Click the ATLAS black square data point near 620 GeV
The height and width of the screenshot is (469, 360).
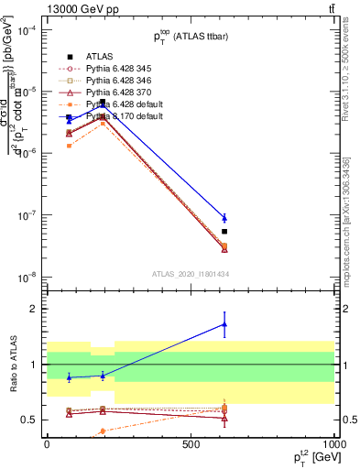tap(224, 232)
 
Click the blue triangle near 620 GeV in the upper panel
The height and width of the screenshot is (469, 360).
tap(224, 217)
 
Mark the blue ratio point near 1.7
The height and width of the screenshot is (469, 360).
tap(224, 324)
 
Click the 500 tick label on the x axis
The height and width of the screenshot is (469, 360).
tap(191, 443)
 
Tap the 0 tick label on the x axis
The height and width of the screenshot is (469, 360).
tap(47, 443)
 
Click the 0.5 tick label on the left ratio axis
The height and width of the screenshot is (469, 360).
tap(31, 420)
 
